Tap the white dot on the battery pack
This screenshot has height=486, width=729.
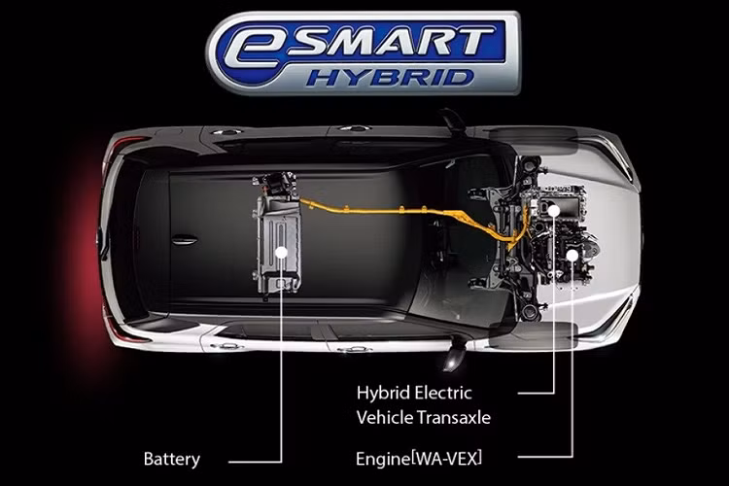[281, 252]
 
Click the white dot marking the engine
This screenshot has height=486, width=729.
[573, 255]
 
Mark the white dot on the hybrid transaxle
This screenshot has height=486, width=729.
[553, 209]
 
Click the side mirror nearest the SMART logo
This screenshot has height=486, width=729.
[454, 120]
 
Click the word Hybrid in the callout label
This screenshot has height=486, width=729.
[381, 393]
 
